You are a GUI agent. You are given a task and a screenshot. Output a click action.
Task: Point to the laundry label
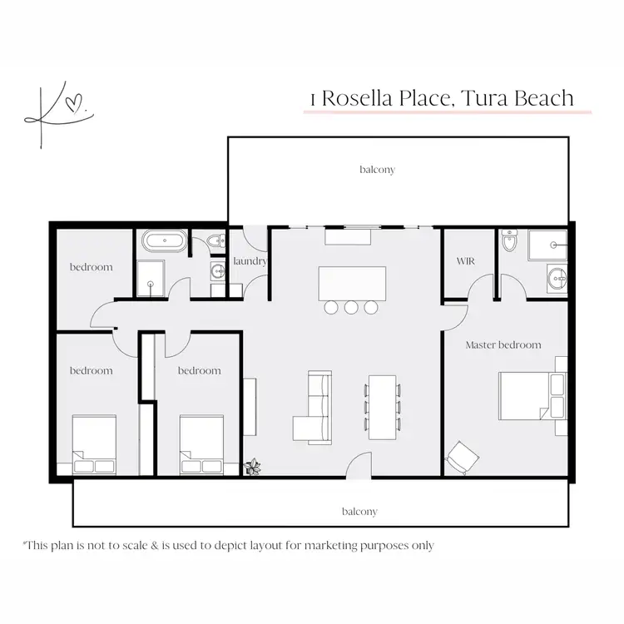(x=250, y=261)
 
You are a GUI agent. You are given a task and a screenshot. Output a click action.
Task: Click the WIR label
(x=465, y=261)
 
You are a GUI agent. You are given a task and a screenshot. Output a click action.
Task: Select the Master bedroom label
(x=503, y=344)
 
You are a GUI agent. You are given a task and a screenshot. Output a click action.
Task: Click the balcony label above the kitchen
(x=377, y=170)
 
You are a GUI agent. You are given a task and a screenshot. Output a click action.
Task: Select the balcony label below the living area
(x=359, y=512)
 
